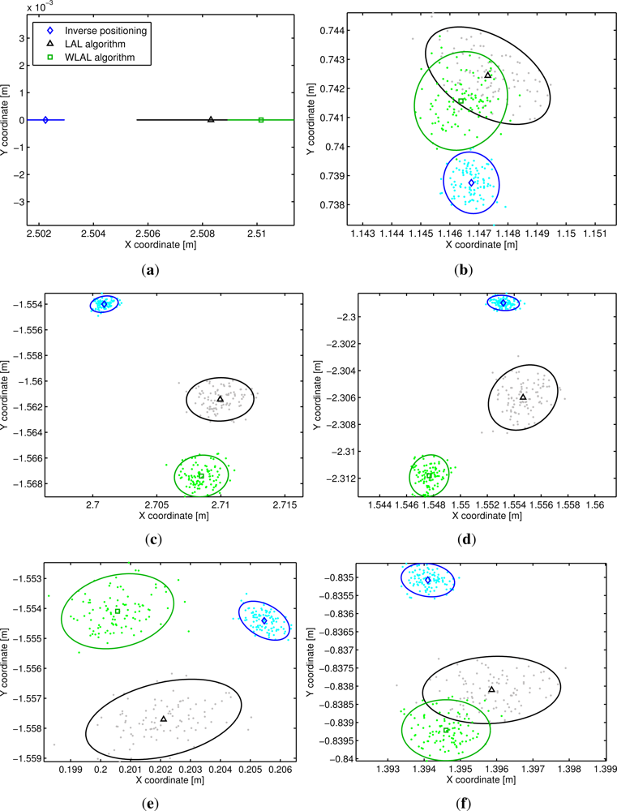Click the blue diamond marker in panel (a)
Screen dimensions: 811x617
[45, 120]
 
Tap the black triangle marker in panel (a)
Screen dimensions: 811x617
[211, 119]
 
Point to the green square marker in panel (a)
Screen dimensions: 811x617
[261, 120]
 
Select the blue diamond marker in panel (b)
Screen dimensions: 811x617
[471, 183]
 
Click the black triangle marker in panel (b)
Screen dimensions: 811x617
[488, 75]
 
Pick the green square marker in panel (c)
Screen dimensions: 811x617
[201, 475]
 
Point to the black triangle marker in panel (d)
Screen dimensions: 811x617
[523, 397]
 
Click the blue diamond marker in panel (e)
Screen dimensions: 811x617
[264, 620]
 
